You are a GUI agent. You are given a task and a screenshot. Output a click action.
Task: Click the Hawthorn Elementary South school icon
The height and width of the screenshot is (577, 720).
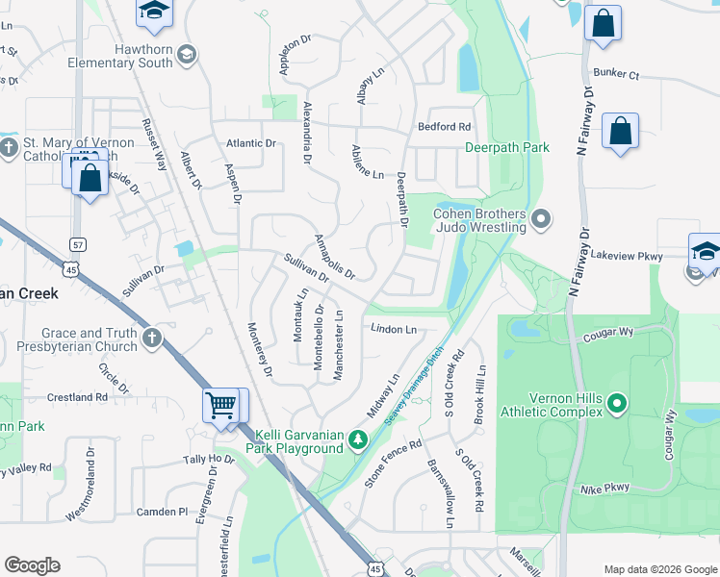click(x=185, y=52)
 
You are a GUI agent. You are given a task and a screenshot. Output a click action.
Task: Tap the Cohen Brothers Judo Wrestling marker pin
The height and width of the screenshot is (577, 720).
click(x=540, y=220)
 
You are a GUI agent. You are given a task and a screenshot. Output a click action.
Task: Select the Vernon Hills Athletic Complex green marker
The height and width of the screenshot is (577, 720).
click(x=618, y=405)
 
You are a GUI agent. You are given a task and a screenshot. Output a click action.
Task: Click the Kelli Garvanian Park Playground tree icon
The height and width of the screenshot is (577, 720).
click(x=358, y=440)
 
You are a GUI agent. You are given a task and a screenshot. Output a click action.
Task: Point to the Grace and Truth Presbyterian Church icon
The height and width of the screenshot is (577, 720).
click(x=152, y=339)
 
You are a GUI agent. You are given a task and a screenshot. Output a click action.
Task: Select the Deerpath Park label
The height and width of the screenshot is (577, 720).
click(x=506, y=148)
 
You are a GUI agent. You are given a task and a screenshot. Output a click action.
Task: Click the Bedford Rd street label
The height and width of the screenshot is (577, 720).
click(x=444, y=127)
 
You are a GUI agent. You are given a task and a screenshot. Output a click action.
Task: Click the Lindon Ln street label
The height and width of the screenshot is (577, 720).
click(x=394, y=329)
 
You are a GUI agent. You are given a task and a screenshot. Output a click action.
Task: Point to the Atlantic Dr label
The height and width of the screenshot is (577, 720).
click(x=250, y=143)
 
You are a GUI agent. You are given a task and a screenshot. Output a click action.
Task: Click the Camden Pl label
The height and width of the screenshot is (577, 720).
click(x=162, y=512)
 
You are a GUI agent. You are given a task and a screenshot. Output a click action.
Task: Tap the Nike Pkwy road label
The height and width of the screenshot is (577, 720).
click(x=604, y=489)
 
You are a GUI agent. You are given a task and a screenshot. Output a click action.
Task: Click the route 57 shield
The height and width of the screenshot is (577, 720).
click(x=79, y=244)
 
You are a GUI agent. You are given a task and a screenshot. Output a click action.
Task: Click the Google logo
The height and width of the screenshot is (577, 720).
click(x=33, y=565)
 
